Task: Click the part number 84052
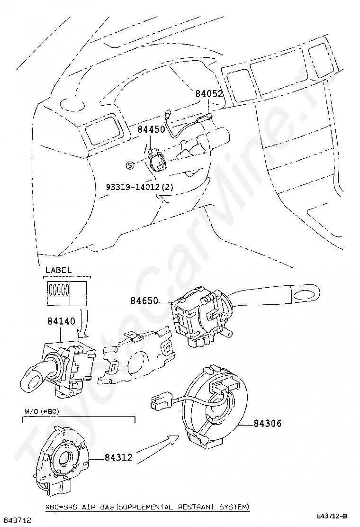click(x=209, y=94)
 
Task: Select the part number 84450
click(x=151, y=128)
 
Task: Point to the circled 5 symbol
click(x=129, y=165)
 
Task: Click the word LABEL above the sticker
click(x=58, y=270)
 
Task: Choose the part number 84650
click(x=144, y=300)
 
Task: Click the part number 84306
click(x=267, y=423)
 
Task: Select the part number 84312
click(x=118, y=458)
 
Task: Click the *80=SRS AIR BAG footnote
click(x=147, y=507)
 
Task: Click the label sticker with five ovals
click(x=66, y=293)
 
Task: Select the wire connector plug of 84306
click(x=161, y=401)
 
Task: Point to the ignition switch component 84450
click(x=156, y=160)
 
